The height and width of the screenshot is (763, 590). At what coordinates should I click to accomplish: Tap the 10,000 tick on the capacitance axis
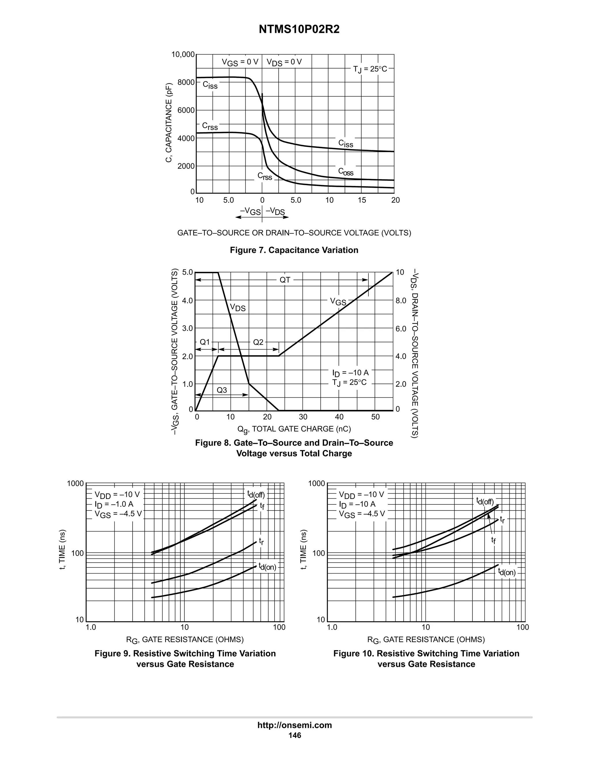point(182,54)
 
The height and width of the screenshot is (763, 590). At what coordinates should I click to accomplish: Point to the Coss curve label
point(346,172)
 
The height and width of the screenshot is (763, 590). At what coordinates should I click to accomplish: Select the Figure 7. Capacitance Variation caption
point(294,250)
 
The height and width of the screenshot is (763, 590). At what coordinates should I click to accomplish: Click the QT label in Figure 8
point(285,280)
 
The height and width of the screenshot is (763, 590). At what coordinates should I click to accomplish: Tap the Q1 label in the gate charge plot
point(205,342)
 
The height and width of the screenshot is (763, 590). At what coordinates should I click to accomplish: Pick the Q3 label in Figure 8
point(222,390)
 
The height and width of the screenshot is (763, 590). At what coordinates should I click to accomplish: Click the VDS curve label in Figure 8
point(237,308)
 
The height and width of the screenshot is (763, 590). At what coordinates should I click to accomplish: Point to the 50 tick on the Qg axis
point(375,417)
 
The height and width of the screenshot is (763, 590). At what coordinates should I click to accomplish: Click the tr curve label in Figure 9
point(261,542)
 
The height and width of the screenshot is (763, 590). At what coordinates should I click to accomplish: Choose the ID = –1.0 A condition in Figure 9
point(114,504)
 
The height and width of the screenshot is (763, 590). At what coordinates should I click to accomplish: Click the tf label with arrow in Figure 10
point(493,540)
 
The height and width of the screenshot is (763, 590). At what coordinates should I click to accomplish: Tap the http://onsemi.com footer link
point(294,725)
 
